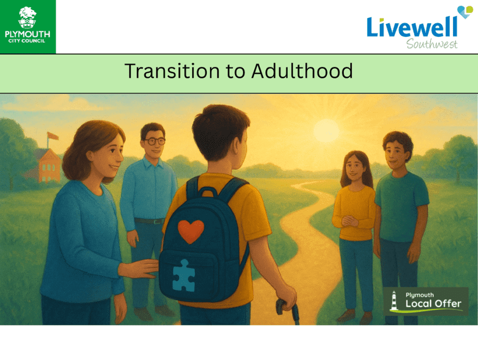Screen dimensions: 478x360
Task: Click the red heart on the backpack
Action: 191,231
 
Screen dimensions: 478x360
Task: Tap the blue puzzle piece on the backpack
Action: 184,275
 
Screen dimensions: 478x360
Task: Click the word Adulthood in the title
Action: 302,71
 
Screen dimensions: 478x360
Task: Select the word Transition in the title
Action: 172,71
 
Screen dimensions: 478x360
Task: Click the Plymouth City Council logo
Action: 28,26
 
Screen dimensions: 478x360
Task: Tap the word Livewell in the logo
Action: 412,27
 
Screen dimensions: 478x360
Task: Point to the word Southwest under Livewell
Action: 432,44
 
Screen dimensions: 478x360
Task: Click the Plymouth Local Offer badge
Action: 426,301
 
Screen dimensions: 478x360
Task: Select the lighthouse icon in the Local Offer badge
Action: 394,301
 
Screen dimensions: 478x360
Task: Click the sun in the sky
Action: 326,131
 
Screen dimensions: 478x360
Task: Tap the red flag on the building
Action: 52,136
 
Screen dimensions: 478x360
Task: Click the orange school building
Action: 46,165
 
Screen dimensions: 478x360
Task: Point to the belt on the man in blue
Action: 150,221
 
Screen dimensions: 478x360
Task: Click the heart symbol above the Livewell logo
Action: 465,12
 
